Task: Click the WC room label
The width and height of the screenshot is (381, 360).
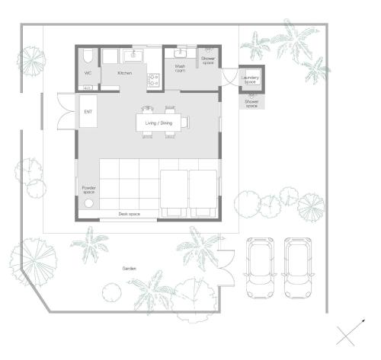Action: click(88, 73)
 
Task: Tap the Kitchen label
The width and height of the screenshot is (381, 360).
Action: click(125, 73)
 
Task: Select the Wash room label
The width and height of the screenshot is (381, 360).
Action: click(180, 68)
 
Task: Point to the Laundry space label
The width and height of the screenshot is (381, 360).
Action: click(250, 80)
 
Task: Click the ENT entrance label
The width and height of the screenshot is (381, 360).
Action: click(88, 112)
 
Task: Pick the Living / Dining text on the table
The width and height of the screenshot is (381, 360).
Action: click(158, 123)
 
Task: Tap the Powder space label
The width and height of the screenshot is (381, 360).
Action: click(89, 190)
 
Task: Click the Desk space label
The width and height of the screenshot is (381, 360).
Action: click(130, 214)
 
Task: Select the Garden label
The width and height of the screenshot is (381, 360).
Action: click(130, 269)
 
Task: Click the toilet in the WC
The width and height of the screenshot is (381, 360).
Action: click(88, 56)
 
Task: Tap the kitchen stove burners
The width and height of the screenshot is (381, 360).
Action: click(153, 80)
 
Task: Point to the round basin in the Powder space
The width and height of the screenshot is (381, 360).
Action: click(88, 203)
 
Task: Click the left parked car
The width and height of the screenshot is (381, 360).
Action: click(260, 268)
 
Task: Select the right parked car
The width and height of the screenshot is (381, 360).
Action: click(298, 268)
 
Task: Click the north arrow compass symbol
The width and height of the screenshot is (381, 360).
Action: click(351, 333)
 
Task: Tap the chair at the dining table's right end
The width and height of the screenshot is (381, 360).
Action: click(185, 122)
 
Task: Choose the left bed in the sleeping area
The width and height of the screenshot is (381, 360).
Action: click(174, 193)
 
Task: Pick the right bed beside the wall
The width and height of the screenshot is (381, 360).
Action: click(203, 193)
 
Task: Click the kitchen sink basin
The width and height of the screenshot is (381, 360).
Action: click(133, 56)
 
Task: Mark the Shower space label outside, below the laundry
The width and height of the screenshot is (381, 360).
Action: click(251, 104)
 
